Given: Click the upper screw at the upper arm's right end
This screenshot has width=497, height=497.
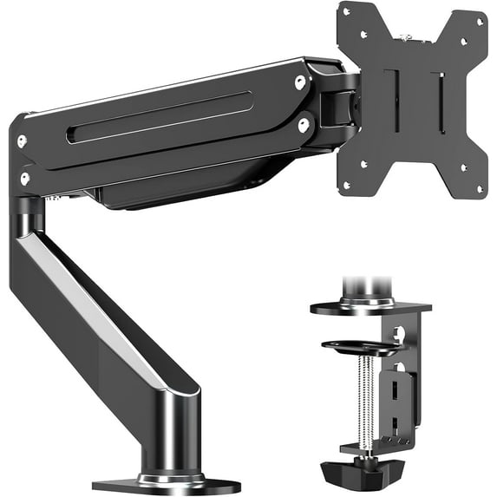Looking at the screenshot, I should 299,82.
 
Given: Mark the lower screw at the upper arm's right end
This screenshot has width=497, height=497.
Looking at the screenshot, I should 304,125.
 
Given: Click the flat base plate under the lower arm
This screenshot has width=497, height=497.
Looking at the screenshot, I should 165,485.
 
